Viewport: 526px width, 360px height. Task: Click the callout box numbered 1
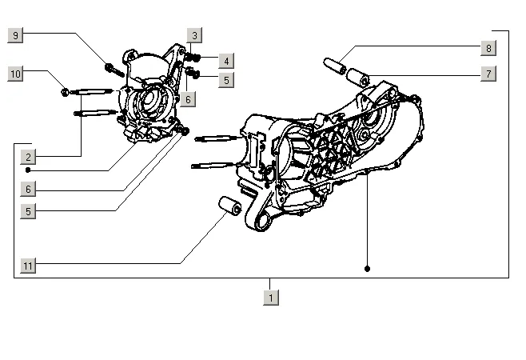pos(271,297)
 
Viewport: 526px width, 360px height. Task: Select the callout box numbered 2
pos(28,157)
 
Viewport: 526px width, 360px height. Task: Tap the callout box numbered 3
pos(195,35)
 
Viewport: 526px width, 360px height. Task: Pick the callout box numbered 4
pos(227,61)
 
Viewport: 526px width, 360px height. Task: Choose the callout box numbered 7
pos(488,74)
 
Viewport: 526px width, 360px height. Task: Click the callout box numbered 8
pos(488,48)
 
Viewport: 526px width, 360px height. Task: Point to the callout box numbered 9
pos(15,34)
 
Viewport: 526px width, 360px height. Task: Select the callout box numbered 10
pos(15,74)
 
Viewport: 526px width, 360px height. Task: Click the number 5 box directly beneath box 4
pos(227,79)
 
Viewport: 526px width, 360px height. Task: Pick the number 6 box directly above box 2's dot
pos(28,190)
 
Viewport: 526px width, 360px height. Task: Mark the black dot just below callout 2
pos(28,170)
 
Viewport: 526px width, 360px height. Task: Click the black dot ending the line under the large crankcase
pos(367,269)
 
